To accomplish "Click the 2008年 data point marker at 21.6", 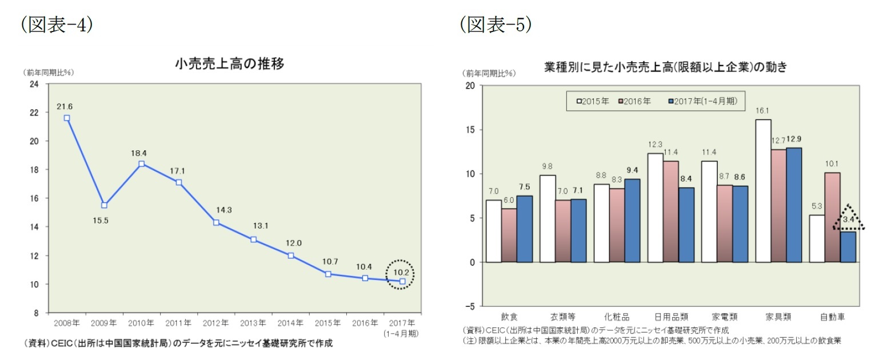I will (x=67, y=118).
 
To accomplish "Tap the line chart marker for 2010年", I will (x=141, y=164).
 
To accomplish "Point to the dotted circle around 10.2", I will (x=399, y=275).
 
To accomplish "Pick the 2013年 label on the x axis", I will (x=253, y=323).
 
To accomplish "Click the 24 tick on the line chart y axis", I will (x=35, y=84).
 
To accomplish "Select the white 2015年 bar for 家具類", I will (x=764, y=191).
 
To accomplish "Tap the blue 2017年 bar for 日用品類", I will (x=686, y=225).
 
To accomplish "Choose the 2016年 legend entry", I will (x=635, y=101).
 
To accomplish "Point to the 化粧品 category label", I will (x=617, y=315).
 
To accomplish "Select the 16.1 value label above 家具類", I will (x=764, y=111).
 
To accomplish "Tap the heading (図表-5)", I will (x=496, y=25).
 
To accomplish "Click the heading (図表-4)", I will (x=56, y=25).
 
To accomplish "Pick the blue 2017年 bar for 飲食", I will (x=524, y=229).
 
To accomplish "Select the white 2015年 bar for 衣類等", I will (x=547, y=218).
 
